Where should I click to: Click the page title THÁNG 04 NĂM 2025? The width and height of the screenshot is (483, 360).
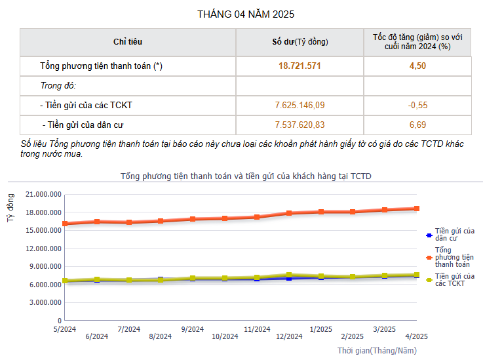coord(241,14)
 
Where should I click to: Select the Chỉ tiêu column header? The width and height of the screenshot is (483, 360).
coord(128,42)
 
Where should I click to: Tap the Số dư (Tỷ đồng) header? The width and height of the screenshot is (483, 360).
coord(300,42)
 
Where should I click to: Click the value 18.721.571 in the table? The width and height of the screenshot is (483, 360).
coord(300,66)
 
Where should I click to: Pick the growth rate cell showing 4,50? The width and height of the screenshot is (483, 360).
coord(417,66)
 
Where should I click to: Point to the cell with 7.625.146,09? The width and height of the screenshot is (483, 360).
coord(300,105)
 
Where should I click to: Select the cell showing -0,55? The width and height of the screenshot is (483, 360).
coord(417,105)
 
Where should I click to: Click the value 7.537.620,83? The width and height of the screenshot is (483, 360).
coord(300,125)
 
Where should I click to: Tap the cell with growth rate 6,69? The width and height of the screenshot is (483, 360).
coord(417,125)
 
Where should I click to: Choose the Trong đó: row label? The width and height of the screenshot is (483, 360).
coord(58,86)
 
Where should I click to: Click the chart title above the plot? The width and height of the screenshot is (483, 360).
coord(246,176)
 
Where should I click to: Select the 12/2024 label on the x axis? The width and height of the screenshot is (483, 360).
coord(289,337)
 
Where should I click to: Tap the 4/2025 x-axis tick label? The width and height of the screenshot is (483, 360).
coord(416,337)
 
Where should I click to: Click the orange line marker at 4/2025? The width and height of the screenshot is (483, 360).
coord(416,209)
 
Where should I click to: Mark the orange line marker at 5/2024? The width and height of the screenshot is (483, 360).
coord(65,224)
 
